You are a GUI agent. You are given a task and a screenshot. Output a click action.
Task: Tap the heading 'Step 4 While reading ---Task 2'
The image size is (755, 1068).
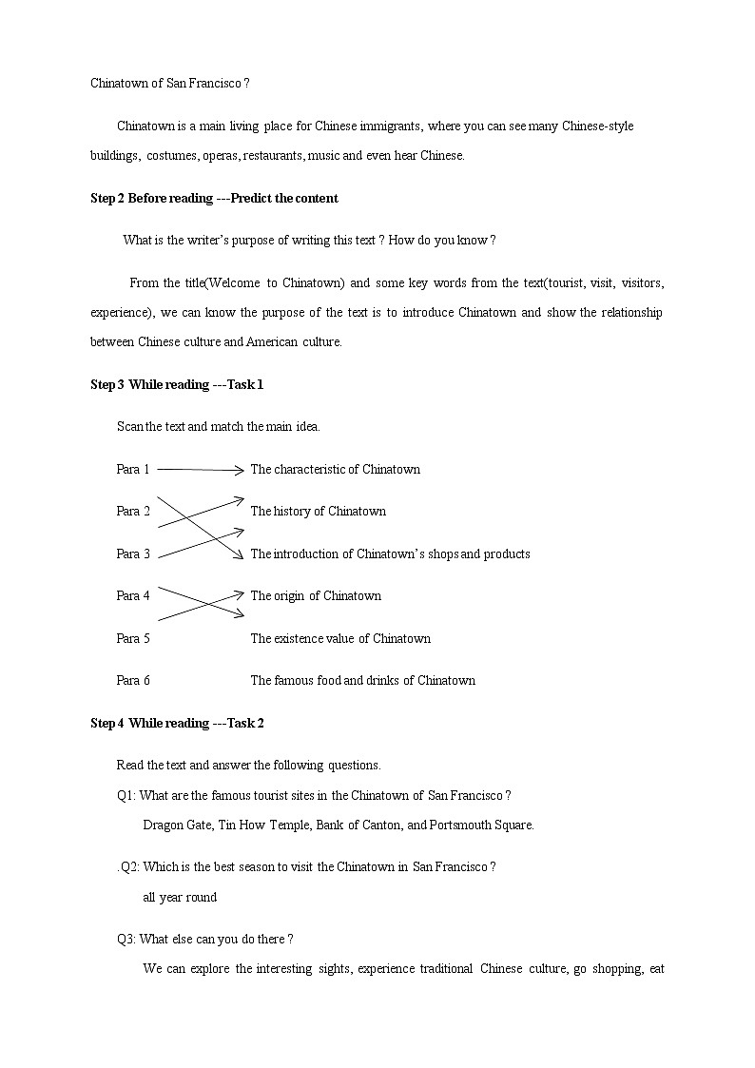coord(177,723)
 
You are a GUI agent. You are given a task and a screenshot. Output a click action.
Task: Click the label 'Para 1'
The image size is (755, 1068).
coord(133,469)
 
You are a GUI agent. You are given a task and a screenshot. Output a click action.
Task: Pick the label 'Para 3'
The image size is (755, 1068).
coord(133,553)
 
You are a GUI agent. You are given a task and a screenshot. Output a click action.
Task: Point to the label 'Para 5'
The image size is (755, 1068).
coord(133,638)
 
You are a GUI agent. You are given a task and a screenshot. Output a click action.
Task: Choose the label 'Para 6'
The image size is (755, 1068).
coord(133,680)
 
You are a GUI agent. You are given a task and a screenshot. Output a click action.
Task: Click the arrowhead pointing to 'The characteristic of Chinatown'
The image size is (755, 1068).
coord(240,469)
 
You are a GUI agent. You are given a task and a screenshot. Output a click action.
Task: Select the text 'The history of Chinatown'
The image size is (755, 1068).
coord(318,511)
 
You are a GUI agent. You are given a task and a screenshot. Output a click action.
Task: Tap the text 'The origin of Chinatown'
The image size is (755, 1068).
coord(316,595)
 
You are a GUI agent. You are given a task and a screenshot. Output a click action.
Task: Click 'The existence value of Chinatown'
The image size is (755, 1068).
coord(340,638)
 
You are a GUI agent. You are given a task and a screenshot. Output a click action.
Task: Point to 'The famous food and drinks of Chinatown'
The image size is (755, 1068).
coord(362,680)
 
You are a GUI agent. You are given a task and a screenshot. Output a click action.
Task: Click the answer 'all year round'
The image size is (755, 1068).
coord(180,897)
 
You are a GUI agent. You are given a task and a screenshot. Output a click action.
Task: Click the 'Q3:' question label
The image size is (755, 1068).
coord(126,939)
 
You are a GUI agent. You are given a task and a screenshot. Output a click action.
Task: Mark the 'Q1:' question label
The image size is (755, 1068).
coord(126,795)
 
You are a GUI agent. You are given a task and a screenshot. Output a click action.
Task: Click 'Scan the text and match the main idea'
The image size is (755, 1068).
coord(219,426)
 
